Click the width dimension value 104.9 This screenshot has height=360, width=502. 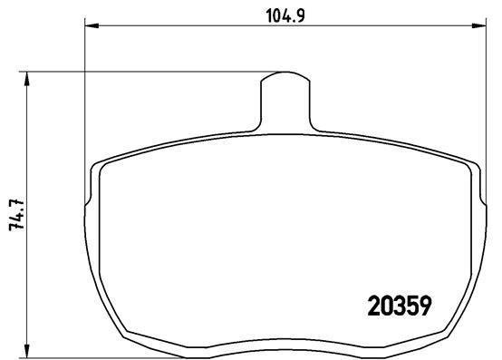[283, 13]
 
